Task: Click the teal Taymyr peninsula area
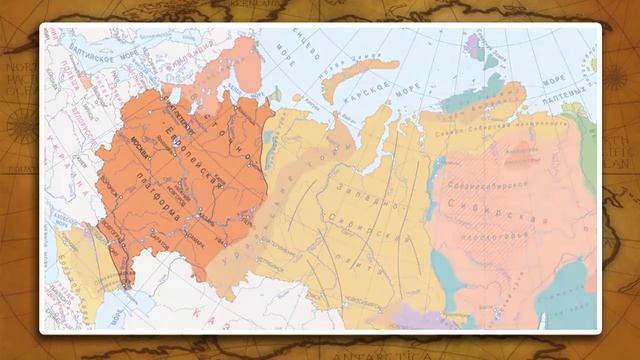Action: tap(470, 95)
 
